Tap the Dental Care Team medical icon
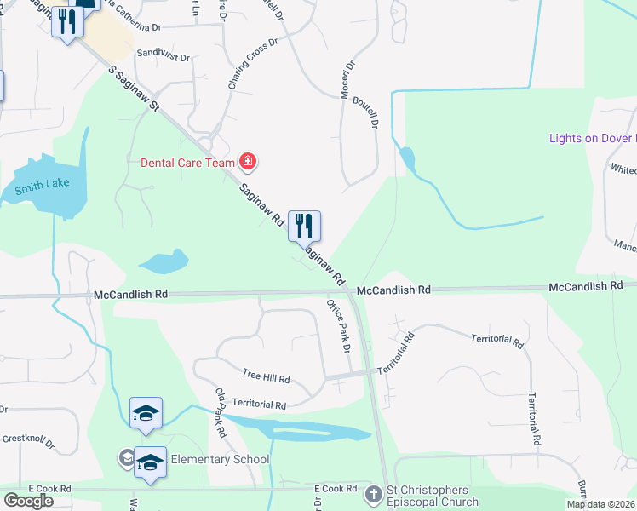(248, 161)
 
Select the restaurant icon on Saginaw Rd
(304, 227)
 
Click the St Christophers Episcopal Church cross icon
(373, 494)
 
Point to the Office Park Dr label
(340, 325)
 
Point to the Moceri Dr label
(347, 78)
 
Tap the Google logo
(28, 501)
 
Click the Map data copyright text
(600, 504)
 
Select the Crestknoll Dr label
(27, 440)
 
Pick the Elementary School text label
(220, 459)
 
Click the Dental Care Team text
(187, 162)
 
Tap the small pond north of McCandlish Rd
(164, 261)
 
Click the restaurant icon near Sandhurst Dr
(66, 22)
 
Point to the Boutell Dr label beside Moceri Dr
(372, 112)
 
